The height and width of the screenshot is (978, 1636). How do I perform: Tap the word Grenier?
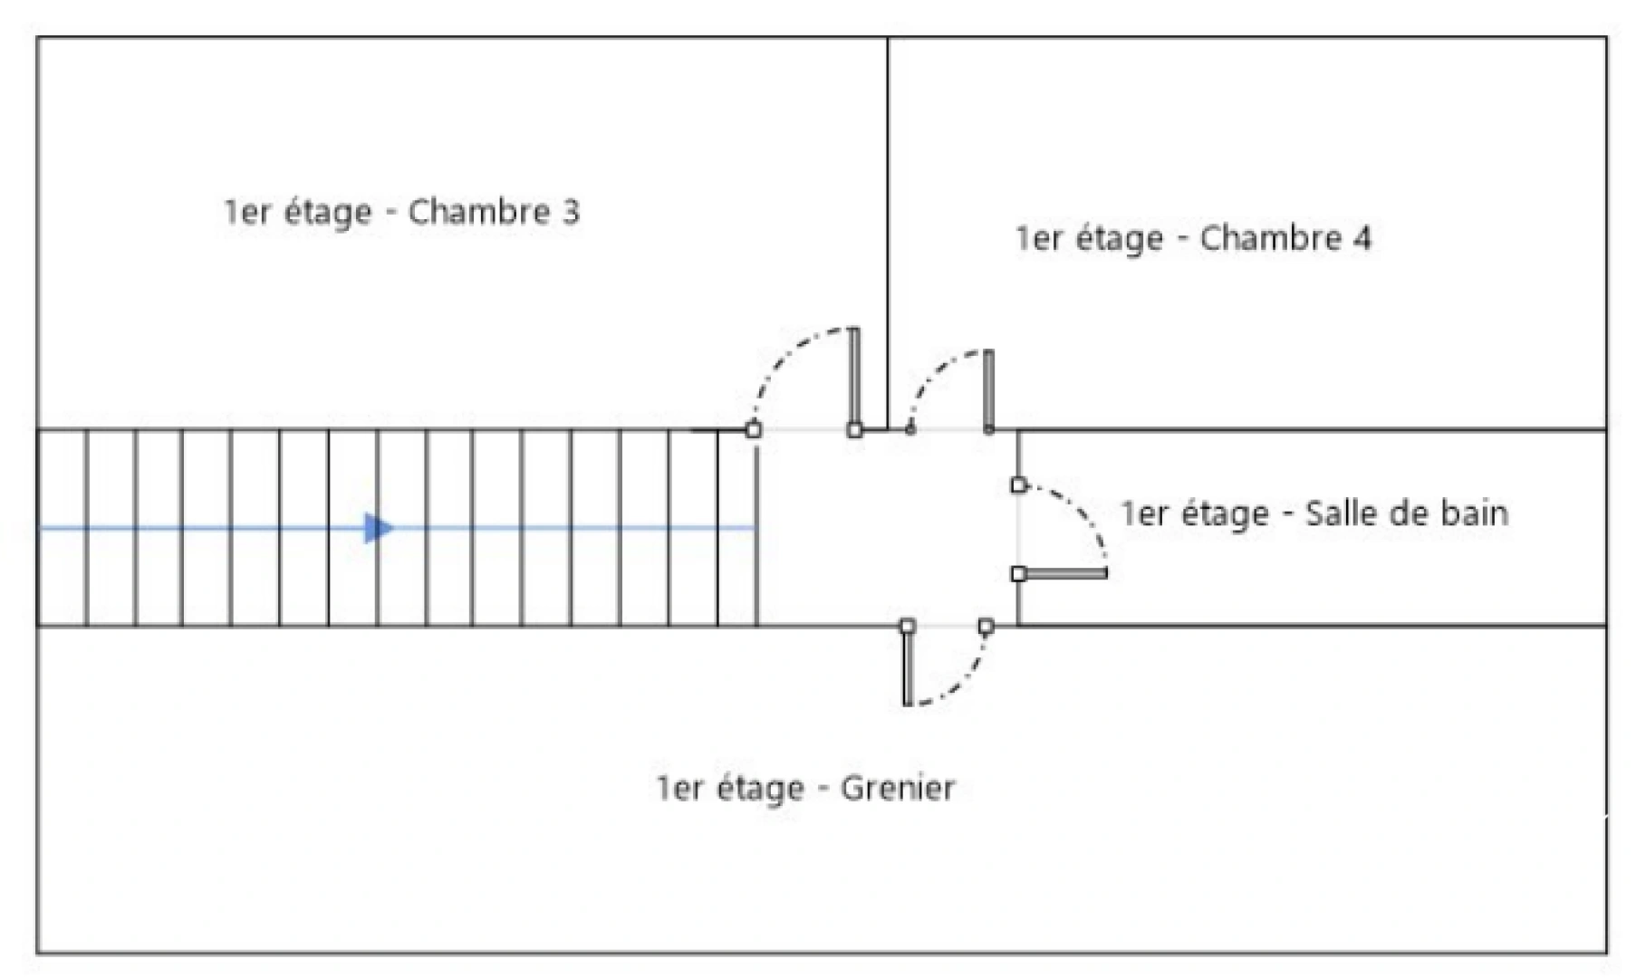pyautogui.click(x=897, y=789)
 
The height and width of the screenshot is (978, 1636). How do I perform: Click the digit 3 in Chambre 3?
pyautogui.click(x=570, y=212)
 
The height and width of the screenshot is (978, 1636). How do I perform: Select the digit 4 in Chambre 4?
pyautogui.click(x=1362, y=238)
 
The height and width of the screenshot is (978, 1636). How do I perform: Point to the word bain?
pyautogui.click(x=1474, y=513)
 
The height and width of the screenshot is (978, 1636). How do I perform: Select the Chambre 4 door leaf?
pyautogui.click(x=988, y=389)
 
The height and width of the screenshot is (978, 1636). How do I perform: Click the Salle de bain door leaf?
pyautogui.click(x=1065, y=573)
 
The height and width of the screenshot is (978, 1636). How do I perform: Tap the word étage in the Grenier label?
pyautogui.click(x=760, y=789)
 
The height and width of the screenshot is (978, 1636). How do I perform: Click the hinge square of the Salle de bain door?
pyautogui.click(x=1019, y=573)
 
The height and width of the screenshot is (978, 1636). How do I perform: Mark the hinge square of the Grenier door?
pyautogui.click(x=908, y=626)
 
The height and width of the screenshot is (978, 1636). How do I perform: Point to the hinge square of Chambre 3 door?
pyautogui.click(x=854, y=430)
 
